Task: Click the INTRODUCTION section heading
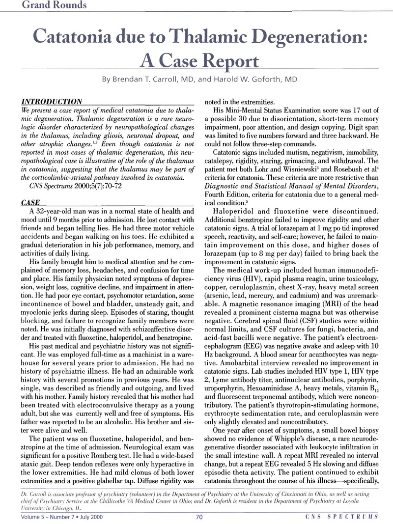tap(51, 101)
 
